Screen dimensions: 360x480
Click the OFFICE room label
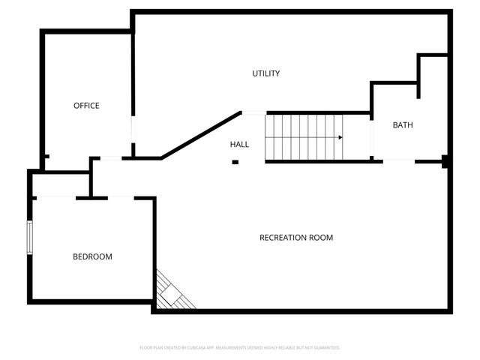coord(86,106)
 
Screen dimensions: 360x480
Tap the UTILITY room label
coord(265,73)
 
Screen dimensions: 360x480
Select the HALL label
coord(239,144)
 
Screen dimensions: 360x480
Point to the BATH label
coord(403,125)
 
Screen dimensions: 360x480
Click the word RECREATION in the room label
coord(283,238)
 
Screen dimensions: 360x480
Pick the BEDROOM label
coord(92,256)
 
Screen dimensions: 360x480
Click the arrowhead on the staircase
coord(340,137)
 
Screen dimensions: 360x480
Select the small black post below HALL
coord(235,162)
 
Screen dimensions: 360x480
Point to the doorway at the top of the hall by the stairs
coord(253,113)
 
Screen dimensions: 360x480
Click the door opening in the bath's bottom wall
coord(399,160)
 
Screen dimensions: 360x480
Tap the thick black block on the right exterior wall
coord(445,161)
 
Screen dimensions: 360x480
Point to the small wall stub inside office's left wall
coord(46,157)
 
